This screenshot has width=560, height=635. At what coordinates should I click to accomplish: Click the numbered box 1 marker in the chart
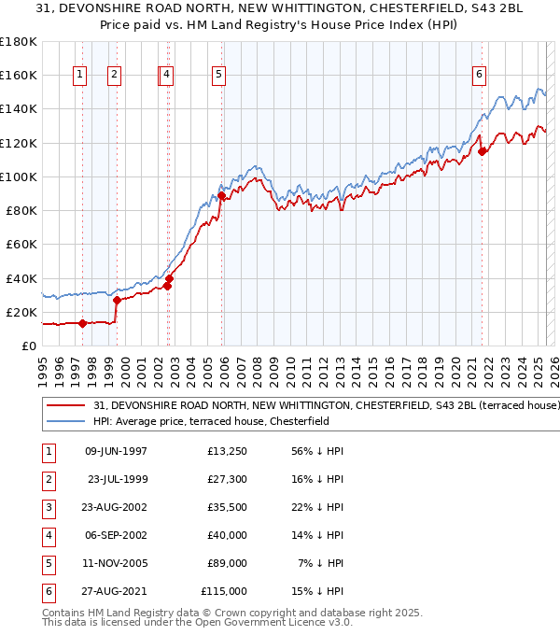click(x=80, y=75)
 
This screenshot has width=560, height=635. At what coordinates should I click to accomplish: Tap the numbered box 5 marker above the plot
click(x=218, y=75)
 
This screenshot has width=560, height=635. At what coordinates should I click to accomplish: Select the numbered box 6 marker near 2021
click(x=479, y=75)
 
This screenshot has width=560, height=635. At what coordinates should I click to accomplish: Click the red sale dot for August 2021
click(x=482, y=151)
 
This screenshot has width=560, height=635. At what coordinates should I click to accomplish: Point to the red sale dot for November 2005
click(x=221, y=195)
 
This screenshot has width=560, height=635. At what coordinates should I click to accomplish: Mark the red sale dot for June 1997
click(x=82, y=324)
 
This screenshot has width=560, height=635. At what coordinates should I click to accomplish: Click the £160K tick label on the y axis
click(x=18, y=75)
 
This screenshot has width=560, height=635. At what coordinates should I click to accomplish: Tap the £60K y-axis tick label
click(x=21, y=244)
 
